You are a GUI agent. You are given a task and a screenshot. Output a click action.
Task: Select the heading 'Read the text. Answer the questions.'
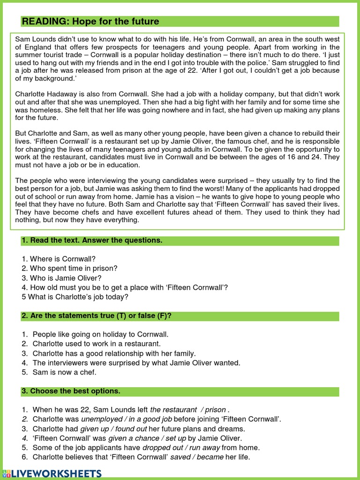92,240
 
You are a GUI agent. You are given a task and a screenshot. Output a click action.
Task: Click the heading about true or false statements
96,316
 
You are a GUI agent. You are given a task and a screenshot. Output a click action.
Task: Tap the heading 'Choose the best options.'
71,391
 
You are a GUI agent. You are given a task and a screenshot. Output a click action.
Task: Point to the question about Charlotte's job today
75,297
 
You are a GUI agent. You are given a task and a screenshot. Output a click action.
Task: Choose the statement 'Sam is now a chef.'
64,372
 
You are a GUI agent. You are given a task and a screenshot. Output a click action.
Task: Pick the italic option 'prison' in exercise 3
215,410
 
